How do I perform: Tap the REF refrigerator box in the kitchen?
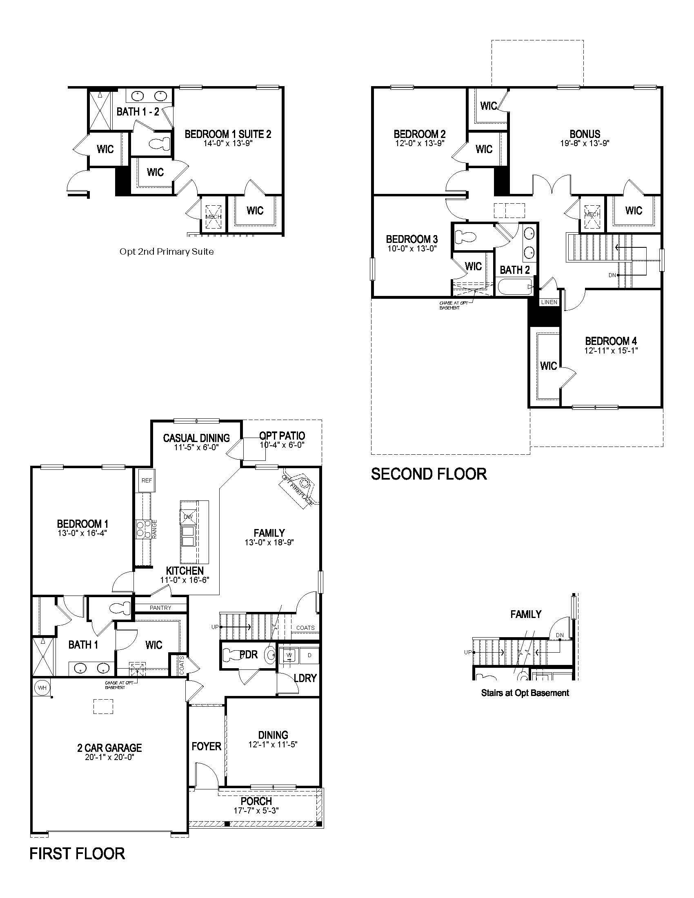click(147, 480)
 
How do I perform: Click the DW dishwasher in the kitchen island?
click(188, 517)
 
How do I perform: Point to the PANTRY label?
click(160, 608)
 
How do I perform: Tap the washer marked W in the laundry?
click(289, 655)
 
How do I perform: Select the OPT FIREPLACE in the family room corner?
click(299, 489)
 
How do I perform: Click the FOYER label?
click(207, 746)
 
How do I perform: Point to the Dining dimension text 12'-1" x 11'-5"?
click(273, 744)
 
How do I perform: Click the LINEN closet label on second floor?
click(549, 302)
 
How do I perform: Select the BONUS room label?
click(585, 134)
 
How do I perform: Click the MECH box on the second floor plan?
click(592, 215)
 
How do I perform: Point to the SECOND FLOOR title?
click(429, 474)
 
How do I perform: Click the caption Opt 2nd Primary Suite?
click(167, 251)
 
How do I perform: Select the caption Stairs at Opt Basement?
click(525, 693)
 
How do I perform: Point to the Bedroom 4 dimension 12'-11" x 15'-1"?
click(611, 351)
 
